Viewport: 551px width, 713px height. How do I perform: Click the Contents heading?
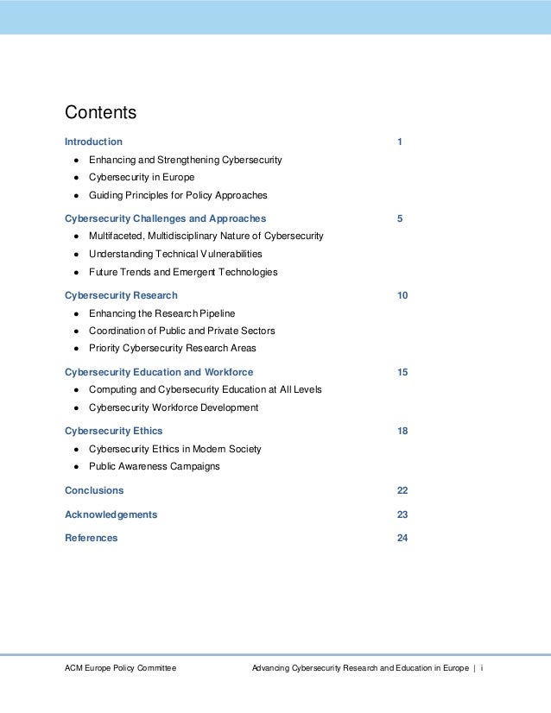coord(101,113)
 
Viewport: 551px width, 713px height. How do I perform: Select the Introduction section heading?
coord(93,142)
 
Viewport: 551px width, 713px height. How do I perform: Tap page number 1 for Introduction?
coord(400,142)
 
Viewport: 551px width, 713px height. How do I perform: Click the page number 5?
coord(400,218)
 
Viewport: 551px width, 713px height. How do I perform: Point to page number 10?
coord(402,296)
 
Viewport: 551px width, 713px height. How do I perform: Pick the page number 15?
coord(402,373)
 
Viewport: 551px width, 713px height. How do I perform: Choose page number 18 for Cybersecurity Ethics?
coord(402,431)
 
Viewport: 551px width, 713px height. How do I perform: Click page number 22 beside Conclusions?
coord(402,490)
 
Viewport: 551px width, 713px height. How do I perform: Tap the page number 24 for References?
coord(402,538)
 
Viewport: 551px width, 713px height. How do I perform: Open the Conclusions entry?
coord(94,490)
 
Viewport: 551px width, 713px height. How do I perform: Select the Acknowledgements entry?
coord(111,514)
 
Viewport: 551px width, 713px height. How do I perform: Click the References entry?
coord(91,538)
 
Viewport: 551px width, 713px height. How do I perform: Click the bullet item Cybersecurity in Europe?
coord(142,178)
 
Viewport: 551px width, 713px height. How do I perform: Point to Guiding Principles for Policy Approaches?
coord(178,195)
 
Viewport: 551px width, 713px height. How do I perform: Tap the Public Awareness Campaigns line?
coord(155,467)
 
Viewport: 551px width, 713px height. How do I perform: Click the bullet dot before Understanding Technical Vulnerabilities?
coord(77,255)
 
